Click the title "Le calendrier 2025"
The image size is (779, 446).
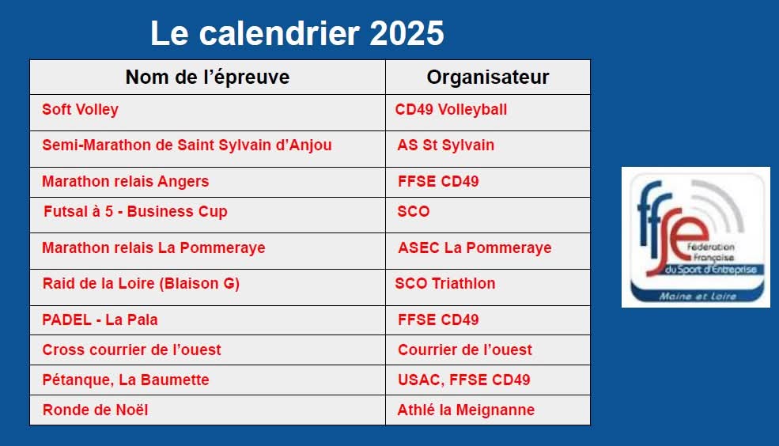tap(297, 33)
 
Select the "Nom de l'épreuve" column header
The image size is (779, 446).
tap(208, 77)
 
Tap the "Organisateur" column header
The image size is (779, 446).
tap(488, 77)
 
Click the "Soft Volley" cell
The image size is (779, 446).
tap(81, 110)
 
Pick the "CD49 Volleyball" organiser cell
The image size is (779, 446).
tap(451, 110)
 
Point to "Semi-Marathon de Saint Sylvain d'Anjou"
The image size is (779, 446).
tap(187, 145)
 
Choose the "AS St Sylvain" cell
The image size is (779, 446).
tap(445, 145)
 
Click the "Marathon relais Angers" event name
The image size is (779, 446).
tap(126, 182)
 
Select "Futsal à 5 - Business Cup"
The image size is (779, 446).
tap(135, 212)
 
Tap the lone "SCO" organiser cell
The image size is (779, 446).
tap(414, 212)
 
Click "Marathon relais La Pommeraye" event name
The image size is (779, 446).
tap(153, 248)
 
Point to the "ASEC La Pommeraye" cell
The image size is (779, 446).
tap(475, 248)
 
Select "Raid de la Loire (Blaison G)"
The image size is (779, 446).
tap(141, 284)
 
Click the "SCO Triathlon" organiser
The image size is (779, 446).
tap(445, 284)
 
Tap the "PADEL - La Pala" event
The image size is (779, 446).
tap(100, 319)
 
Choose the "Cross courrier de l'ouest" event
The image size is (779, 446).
tap(131, 350)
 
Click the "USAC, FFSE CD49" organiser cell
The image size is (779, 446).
tap(464, 380)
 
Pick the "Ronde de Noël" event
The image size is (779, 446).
tap(96, 410)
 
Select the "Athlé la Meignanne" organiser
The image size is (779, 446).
tap(466, 410)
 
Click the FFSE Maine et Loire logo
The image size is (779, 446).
tap(696, 237)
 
